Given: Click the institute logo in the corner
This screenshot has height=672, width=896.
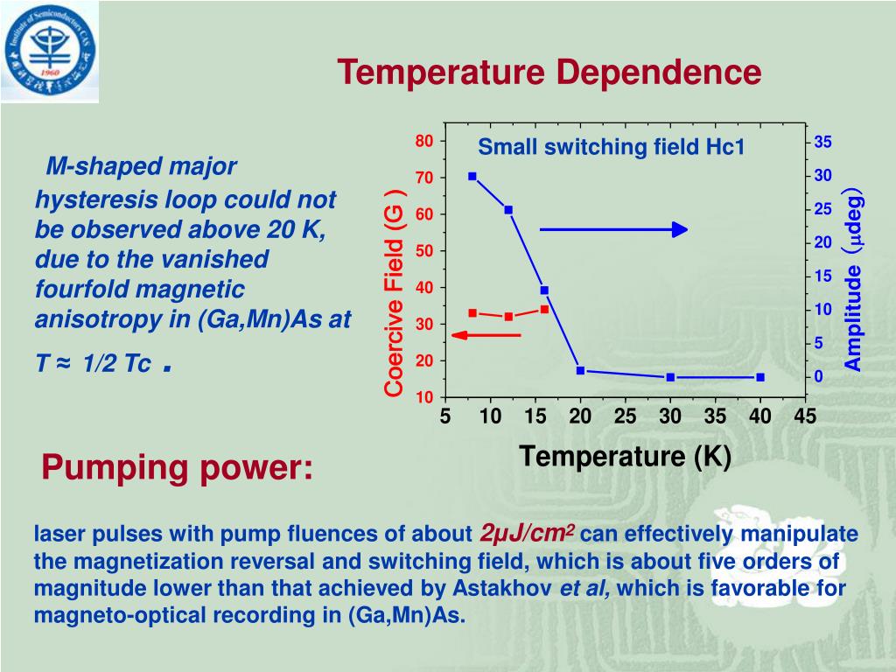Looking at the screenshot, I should click(50, 50).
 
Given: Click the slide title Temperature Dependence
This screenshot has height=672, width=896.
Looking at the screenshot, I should click(549, 72).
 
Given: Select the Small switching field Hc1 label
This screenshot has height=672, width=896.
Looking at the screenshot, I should click(611, 147).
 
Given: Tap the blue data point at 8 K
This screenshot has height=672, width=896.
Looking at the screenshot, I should click(472, 176).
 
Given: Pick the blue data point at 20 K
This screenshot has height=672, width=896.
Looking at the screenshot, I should click(580, 370).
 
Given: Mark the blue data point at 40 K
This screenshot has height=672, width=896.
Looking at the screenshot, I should click(760, 377).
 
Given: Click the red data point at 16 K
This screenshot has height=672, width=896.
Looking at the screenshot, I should click(544, 309).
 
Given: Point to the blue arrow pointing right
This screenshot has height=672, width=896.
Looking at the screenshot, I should click(613, 229).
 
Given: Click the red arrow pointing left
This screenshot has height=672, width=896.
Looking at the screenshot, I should click(486, 335).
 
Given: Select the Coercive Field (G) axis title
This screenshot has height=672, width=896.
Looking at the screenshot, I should click(395, 292).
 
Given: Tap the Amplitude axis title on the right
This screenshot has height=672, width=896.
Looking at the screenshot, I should click(853, 279).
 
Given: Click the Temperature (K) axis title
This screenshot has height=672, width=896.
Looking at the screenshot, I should click(625, 456).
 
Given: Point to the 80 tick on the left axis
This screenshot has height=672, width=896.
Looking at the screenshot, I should click(424, 142).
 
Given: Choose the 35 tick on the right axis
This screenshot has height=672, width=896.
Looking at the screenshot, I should click(823, 143).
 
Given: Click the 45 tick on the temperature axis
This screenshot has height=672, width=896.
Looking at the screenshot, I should click(805, 416).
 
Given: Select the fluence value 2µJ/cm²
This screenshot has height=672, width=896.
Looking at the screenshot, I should click(528, 534).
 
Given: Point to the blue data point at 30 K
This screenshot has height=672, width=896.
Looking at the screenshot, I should click(670, 377).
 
